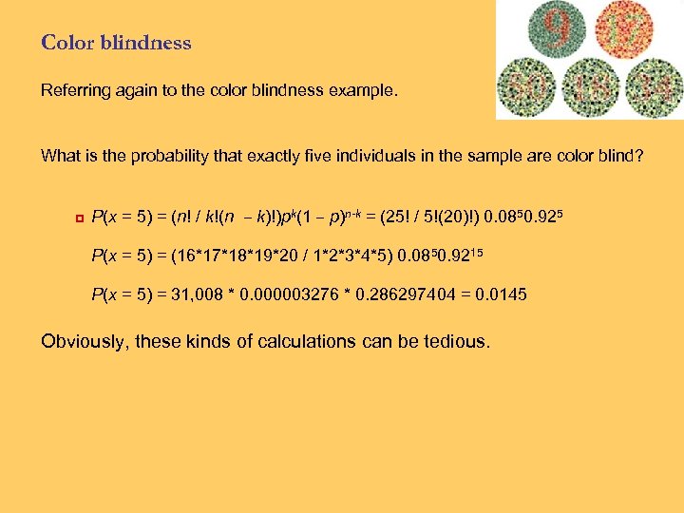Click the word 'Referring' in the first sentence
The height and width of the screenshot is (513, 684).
pyautogui.click(x=72, y=91)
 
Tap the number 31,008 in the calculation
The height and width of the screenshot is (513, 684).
pyautogui.click(x=207, y=294)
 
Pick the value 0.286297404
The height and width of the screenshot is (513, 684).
pyautogui.click(x=409, y=294)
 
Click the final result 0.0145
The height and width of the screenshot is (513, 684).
pyautogui.click(x=503, y=294)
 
